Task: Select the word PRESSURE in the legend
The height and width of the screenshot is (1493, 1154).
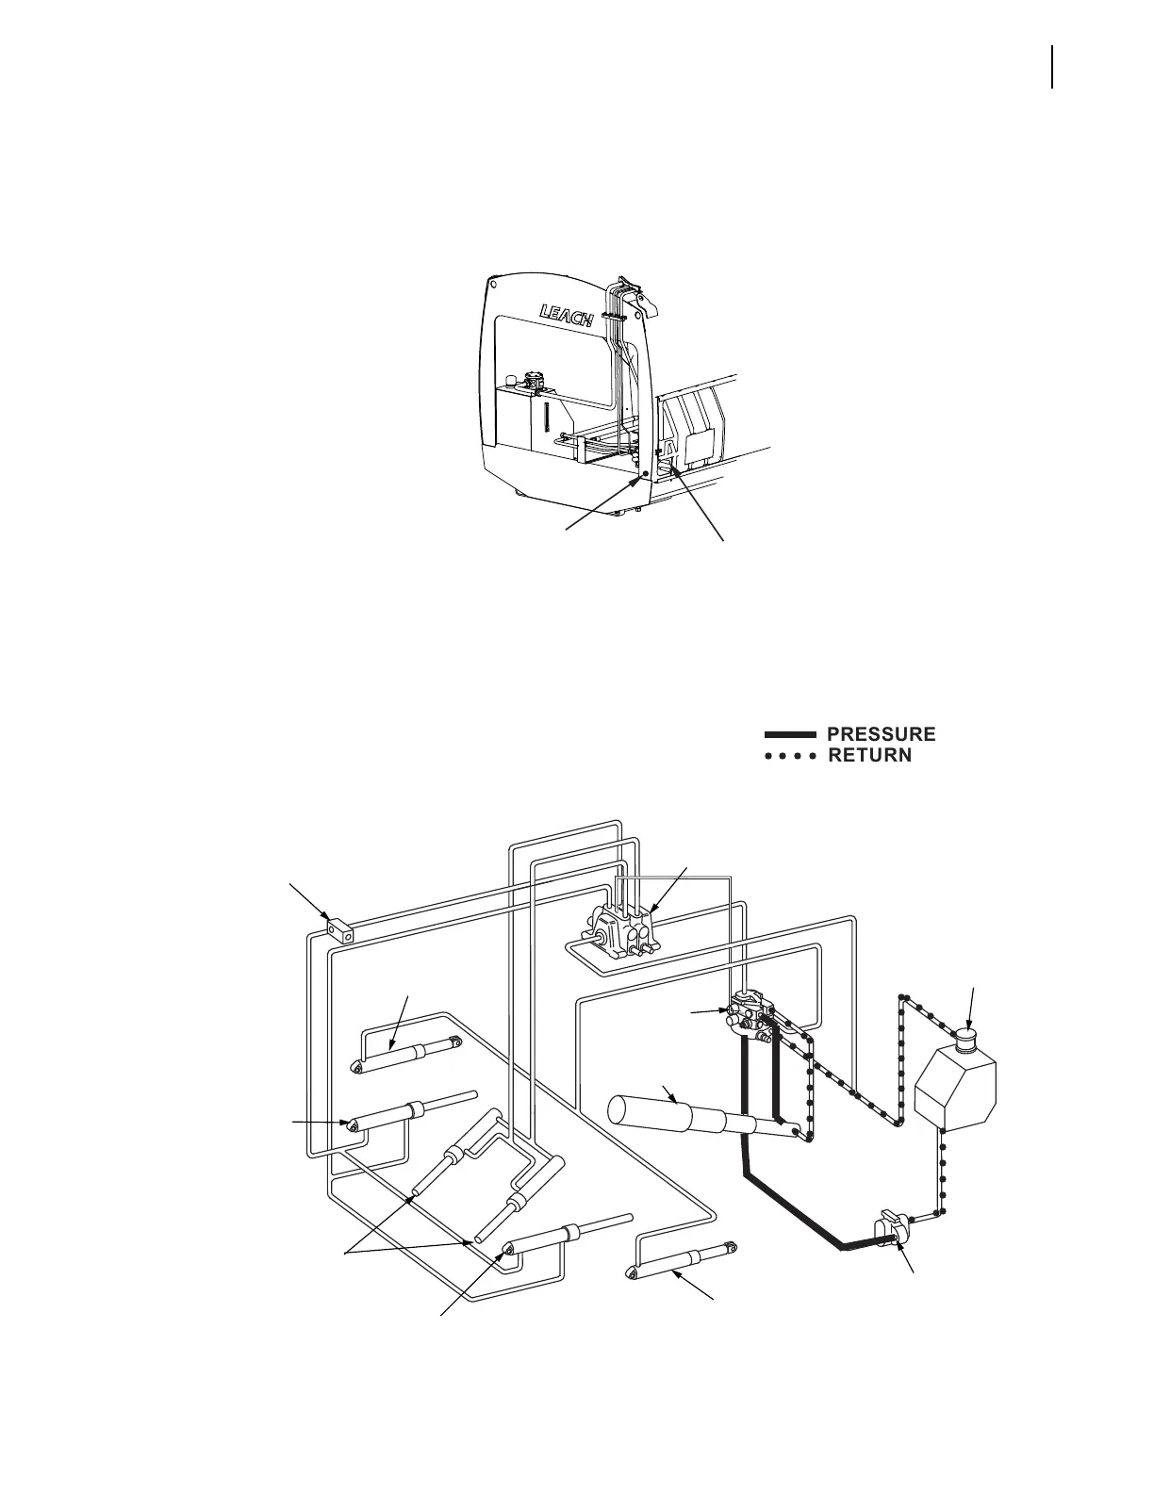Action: pos(881,734)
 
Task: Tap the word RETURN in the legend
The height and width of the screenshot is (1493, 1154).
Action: pos(869,755)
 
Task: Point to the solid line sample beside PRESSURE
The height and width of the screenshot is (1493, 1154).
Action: pos(789,734)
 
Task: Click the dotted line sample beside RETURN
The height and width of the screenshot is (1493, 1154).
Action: pos(789,756)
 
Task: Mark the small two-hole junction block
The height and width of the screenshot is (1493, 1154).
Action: pos(340,932)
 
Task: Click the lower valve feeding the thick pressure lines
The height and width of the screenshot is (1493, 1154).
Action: pos(751,1018)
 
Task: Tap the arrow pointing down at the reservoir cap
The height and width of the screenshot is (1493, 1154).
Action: pos(970,1022)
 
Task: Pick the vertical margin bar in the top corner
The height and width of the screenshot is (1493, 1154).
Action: pos(1051,68)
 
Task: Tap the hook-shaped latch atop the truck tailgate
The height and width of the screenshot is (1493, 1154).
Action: pos(645,302)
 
